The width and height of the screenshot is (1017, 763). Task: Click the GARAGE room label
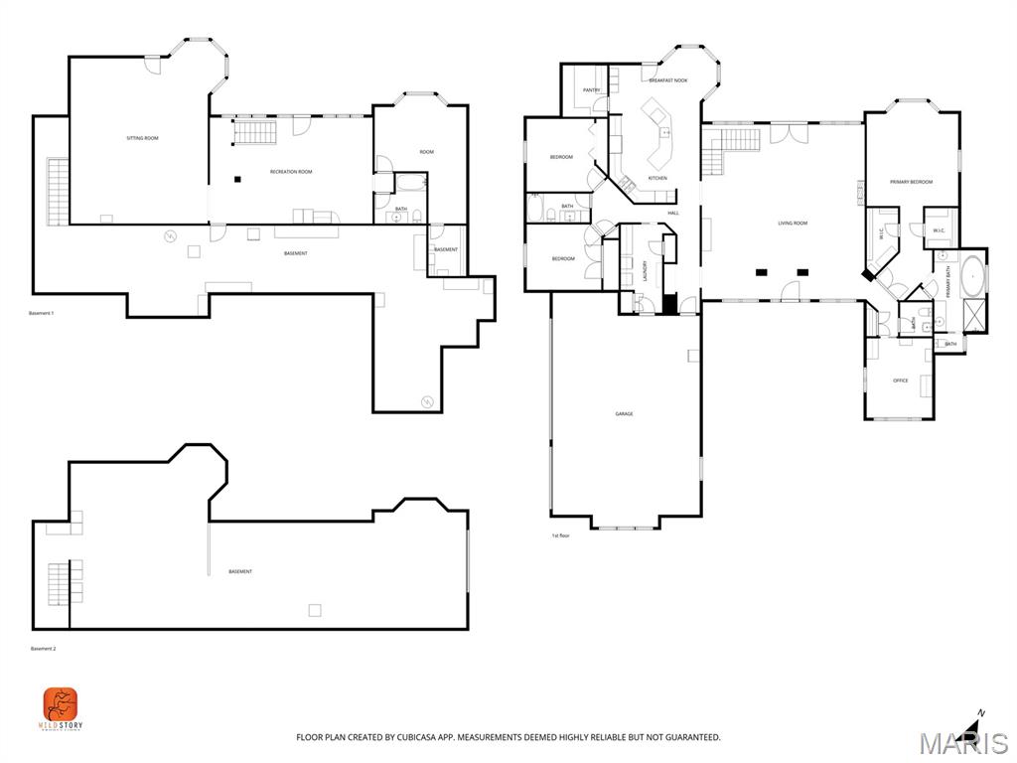coord(624,413)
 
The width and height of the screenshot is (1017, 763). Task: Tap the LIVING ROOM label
coord(793,224)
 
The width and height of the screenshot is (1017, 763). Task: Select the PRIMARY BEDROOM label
coord(911,182)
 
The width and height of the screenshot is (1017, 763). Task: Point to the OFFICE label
coord(900,381)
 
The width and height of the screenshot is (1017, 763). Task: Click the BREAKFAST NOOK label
coord(667,79)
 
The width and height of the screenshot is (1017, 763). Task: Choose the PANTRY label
coord(591,90)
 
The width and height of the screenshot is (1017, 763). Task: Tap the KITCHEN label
coord(657,178)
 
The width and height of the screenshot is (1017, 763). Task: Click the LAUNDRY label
coord(645,270)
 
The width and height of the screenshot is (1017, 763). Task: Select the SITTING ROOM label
coord(142,138)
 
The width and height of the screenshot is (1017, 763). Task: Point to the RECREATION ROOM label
coord(291,172)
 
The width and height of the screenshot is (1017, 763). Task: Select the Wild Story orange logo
coord(61,704)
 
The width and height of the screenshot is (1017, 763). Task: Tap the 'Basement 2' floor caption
coord(42,649)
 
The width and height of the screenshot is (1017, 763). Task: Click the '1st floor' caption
coord(560,535)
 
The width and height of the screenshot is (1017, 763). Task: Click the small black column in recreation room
coord(237,179)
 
